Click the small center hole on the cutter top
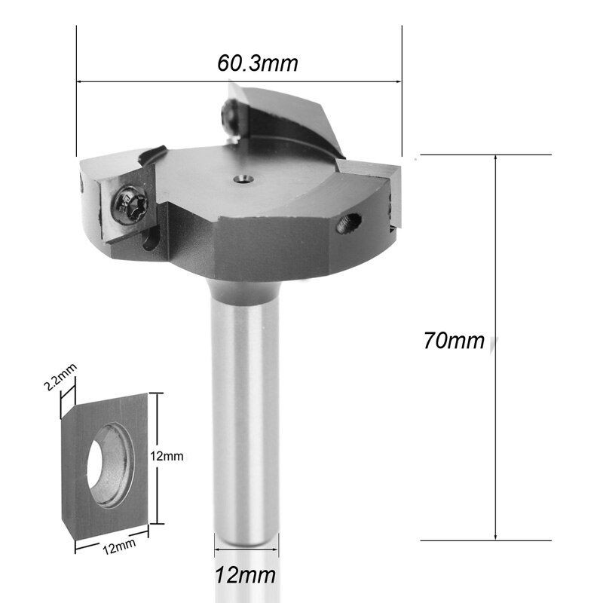[242, 179]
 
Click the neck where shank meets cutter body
[241, 285]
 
